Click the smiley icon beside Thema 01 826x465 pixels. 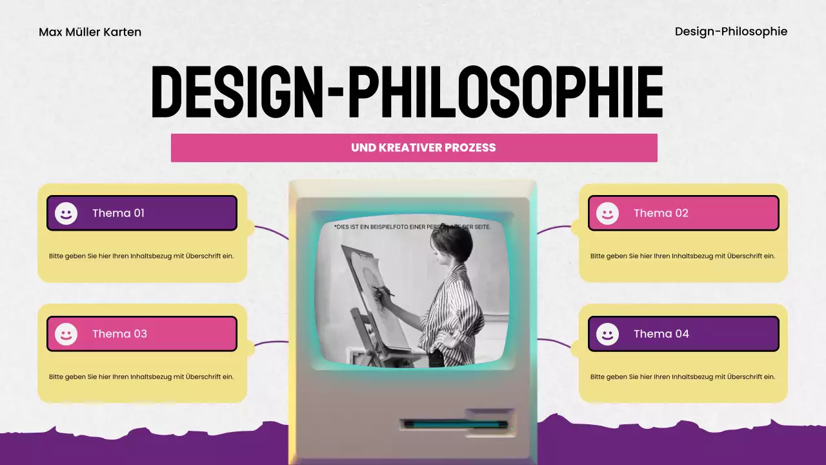click(x=66, y=213)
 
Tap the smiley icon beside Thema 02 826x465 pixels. click(x=607, y=213)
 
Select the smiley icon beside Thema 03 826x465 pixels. click(x=66, y=334)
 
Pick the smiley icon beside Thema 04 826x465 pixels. click(x=607, y=334)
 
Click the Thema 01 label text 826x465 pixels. click(x=118, y=213)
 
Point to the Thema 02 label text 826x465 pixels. click(x=661, y=213)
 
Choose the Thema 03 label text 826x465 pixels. click(x=119, y=334)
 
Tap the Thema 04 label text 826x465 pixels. click(x=661, y=334)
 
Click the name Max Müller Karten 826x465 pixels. click(x=90, y=32)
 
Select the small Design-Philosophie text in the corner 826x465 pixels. click(x=730, y=32)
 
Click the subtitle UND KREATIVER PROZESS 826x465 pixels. click(x=423, y=148)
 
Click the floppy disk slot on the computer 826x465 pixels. click(x=455, y=424)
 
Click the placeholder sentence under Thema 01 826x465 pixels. click(x=141, y=256)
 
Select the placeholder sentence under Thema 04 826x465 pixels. click(x=683, y=377)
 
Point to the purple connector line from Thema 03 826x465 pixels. click(x=271, y=342)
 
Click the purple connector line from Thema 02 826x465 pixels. click(x=554, y=229)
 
